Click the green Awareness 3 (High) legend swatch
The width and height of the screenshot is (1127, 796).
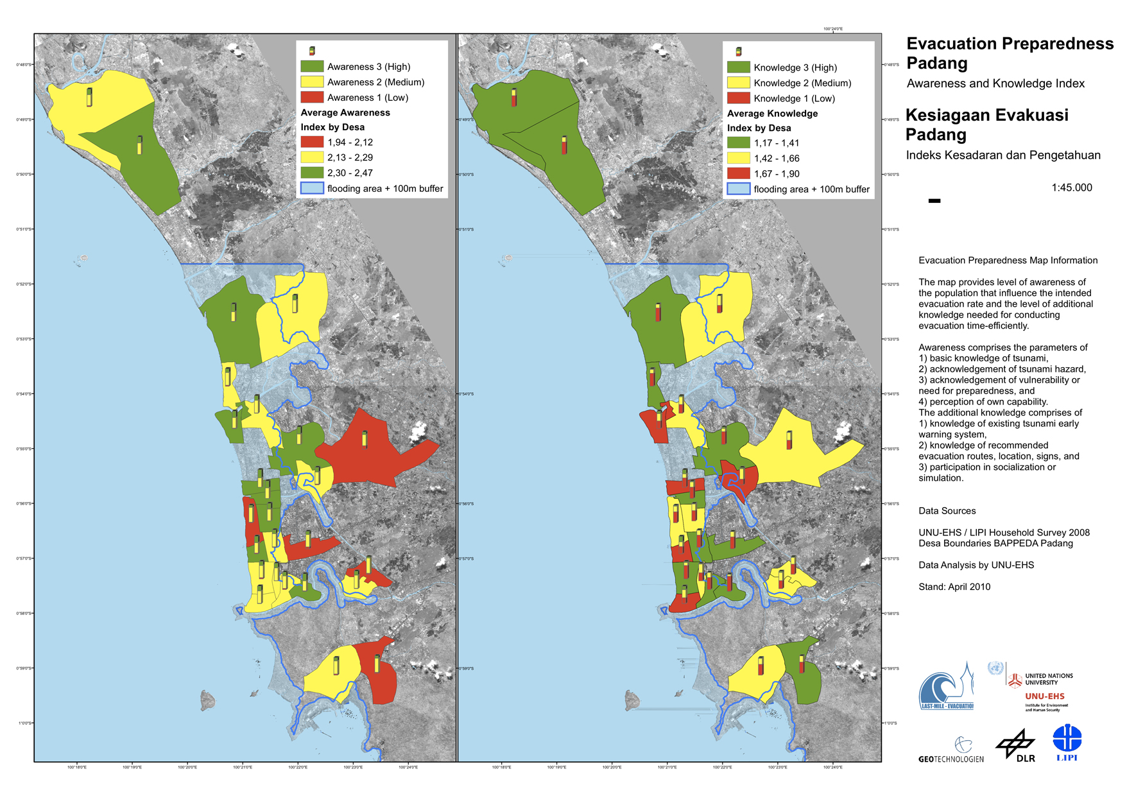coord(312,66)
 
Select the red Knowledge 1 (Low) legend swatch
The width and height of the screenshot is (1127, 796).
coord(738,98)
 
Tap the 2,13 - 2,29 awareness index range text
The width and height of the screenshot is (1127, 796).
coord(350,157)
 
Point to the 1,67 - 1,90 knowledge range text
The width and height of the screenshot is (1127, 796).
coord(777,174)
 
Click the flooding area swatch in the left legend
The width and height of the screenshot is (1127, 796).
coord(312,188)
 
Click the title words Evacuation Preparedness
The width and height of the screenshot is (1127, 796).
coord(1010,44)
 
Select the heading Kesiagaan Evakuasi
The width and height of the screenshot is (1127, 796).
coord(986,115)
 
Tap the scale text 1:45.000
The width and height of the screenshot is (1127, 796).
coord(1071,187)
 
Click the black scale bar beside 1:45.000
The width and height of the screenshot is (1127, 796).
coord(934,201)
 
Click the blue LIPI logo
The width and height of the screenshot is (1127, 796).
coord(1067,742)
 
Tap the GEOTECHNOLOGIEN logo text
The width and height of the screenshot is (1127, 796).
coord(951,759)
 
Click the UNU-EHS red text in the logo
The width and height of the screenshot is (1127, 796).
coord(1044,696)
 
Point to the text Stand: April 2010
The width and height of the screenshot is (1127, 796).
coord(954,587)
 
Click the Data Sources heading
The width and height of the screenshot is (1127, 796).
coord(947,511)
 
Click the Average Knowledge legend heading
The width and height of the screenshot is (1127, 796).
coord(772,114)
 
